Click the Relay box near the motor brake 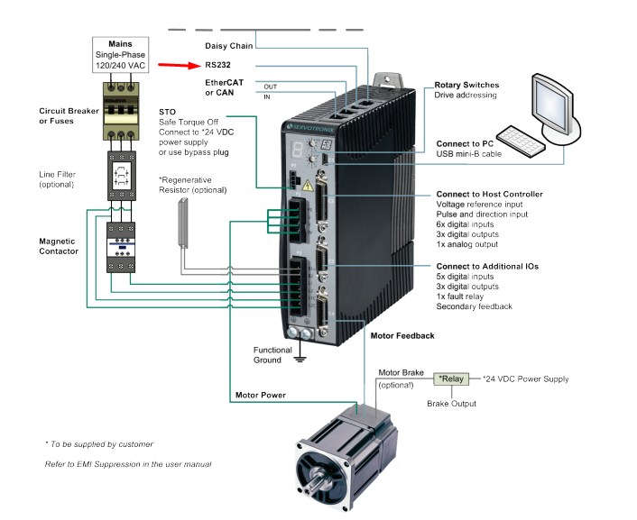[452, 379]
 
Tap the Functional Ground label [272, 355]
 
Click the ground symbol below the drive [302, 359]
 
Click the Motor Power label [261, 395]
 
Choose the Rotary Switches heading [466, 85]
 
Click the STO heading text [167, 111]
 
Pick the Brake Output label [451, 403]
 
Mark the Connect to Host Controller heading [489, 194]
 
